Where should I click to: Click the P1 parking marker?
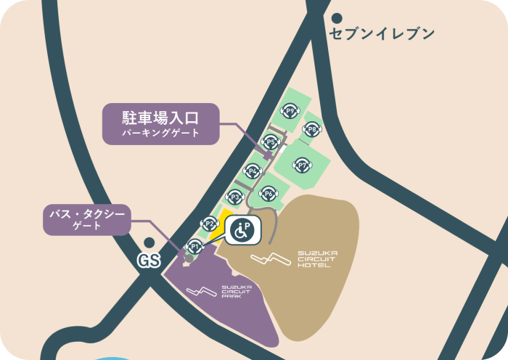click(x=194, y=245)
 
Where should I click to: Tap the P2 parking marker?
click(x=209, y=224)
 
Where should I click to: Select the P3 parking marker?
click(x=234, y=197)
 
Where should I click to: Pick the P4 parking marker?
click(x=253, y=171)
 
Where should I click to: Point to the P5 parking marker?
click(x=271, y=142)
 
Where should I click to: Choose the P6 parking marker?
click(x=269, y=194)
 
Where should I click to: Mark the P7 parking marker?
click(x=303, y=165)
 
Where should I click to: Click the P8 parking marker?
click(x=312, y=130)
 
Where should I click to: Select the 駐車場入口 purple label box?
click(x=160, y=123)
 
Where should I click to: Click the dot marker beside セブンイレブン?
click(x=336, y=17)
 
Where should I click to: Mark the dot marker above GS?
click(x=149, y=243)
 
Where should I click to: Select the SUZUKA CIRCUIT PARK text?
click(x=237, y=292)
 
